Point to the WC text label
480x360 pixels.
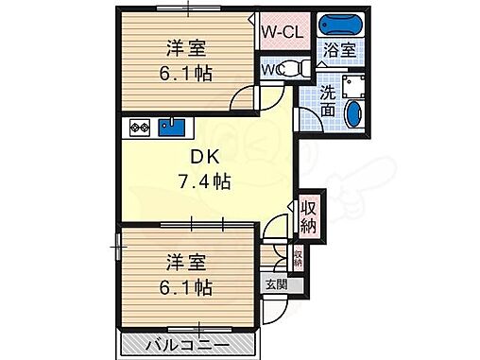point(272,68)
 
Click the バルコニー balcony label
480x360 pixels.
point(186,344)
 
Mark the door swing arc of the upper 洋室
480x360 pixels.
point(245,100)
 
